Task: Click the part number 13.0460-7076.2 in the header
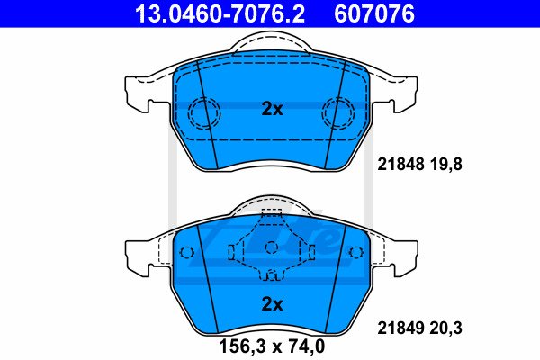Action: [x=220, y=13]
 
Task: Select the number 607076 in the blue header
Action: [x=374, y=13]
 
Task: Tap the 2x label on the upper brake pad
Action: [x=272, y=109]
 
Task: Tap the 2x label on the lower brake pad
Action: [x=272, y=304]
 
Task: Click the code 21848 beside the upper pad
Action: [x=400, y=165]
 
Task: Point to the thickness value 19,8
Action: [x=445, y=165]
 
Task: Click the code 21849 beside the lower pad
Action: [x=400, y=328]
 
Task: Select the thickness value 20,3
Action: [x=445, y=328]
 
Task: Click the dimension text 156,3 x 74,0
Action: [x=272, y=346]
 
